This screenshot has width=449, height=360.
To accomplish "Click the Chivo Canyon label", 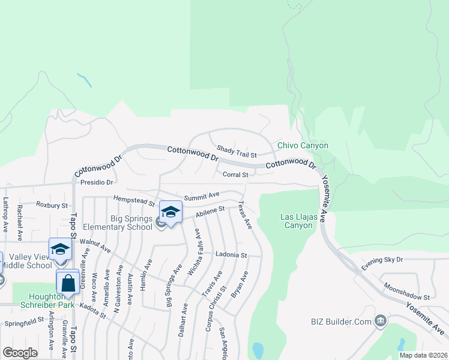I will point(303,146).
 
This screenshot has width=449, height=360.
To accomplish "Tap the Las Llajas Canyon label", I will point(297,221).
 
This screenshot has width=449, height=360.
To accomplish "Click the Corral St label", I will point(235,175).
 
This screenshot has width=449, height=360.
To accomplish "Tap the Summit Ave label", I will point(202,196).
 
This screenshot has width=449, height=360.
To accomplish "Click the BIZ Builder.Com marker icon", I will point(380,323).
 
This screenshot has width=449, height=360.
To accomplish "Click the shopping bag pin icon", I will point(68,281).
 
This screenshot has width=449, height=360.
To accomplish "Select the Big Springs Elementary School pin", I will point(171,212).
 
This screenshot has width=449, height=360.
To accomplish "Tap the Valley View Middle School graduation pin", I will point(60,249).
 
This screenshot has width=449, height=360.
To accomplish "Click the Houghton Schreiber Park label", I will point(46,301).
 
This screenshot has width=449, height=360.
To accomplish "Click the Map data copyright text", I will point(423,355).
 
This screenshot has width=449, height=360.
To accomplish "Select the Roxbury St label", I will point(52,205).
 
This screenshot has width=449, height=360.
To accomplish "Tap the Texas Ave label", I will point(246,215).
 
